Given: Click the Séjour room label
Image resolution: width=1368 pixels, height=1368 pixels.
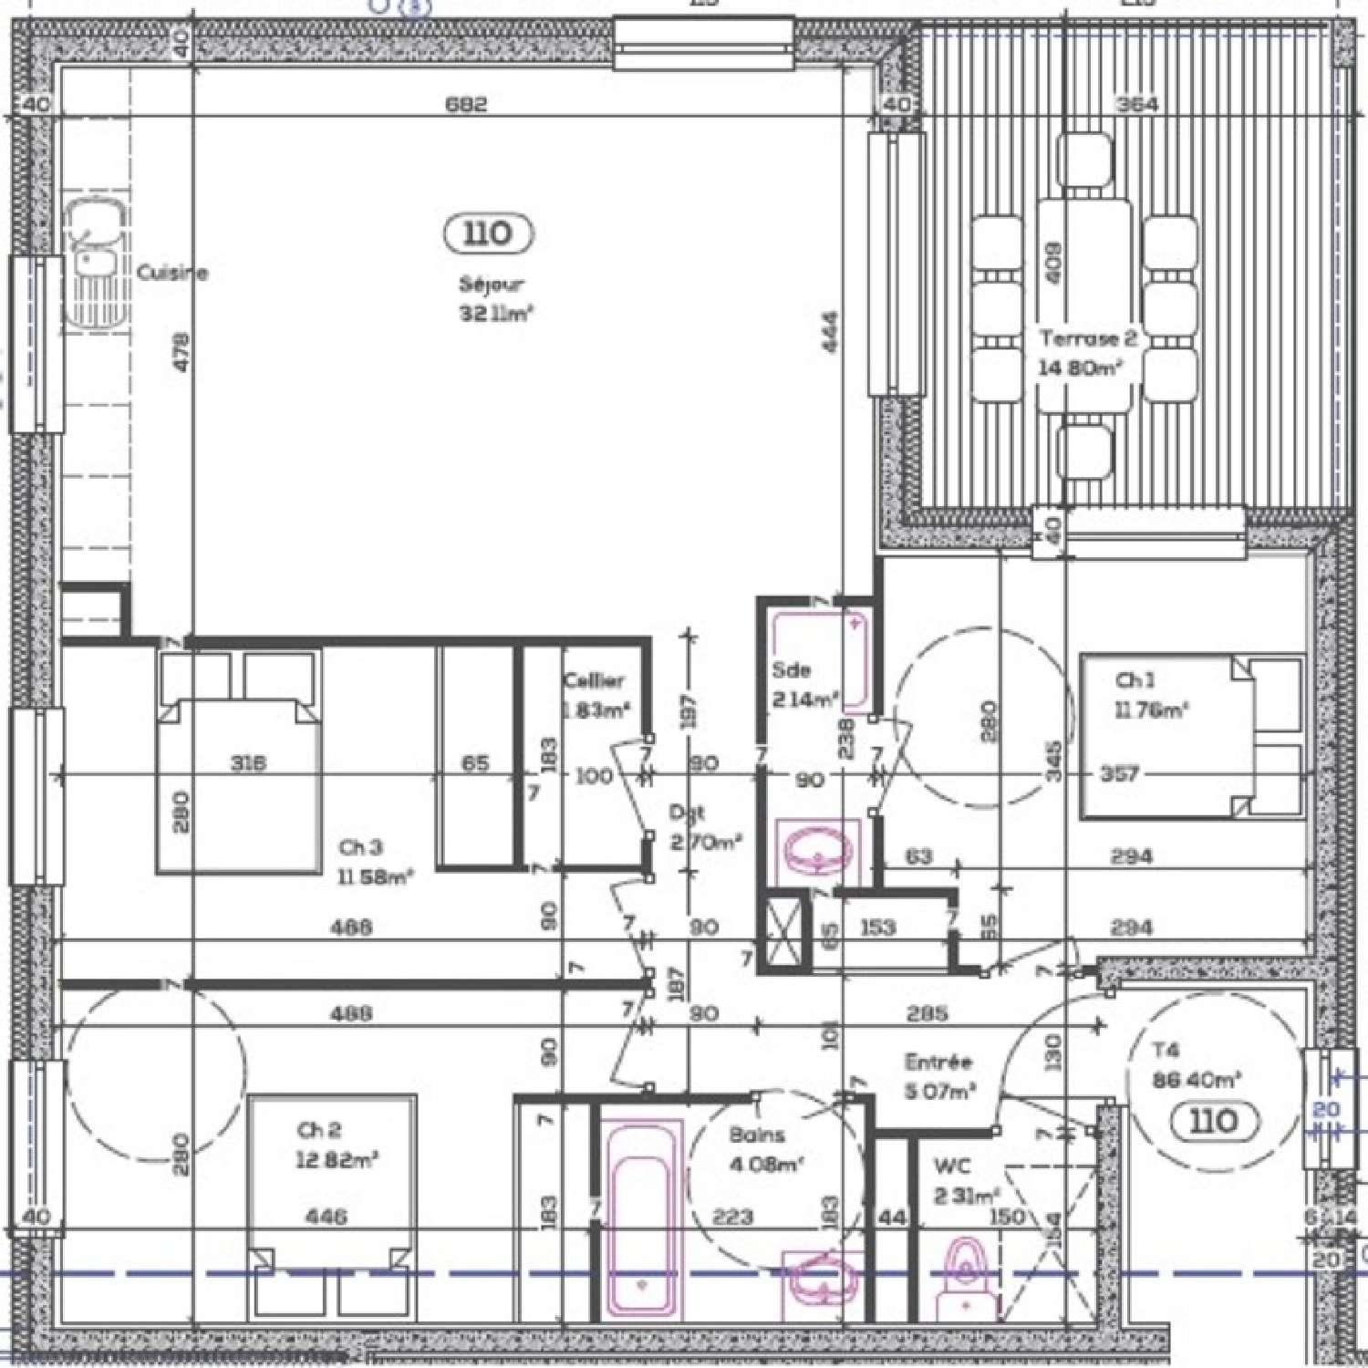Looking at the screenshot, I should pyautogui.click(x=492, y=285).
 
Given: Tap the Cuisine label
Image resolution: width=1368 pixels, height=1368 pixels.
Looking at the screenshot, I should pyautogui.click(x=172, y=272).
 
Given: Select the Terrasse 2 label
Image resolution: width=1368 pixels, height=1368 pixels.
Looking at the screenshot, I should pyautogui.click(x=1088, y=338).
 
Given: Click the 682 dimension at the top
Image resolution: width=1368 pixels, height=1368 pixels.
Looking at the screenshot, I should pyautogui.click(x=466, y=104).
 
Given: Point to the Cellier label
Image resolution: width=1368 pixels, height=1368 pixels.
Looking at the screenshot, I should pyautogui.click(x=594, y=680).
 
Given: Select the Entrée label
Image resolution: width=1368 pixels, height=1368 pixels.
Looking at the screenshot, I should pyautogui.click(x=938, y=1062).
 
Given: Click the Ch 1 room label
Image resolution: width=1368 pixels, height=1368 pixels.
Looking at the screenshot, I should pyautogui.click(x=1135, y=680).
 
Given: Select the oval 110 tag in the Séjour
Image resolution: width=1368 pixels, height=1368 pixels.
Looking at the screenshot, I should pyautogui.click(x=488, y=233).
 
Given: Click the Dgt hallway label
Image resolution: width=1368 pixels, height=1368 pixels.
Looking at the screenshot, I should pyautogui.click(x=686, y=811).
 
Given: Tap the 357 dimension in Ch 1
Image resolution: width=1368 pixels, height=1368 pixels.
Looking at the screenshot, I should pyautogui.click(x=1119, y=774).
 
